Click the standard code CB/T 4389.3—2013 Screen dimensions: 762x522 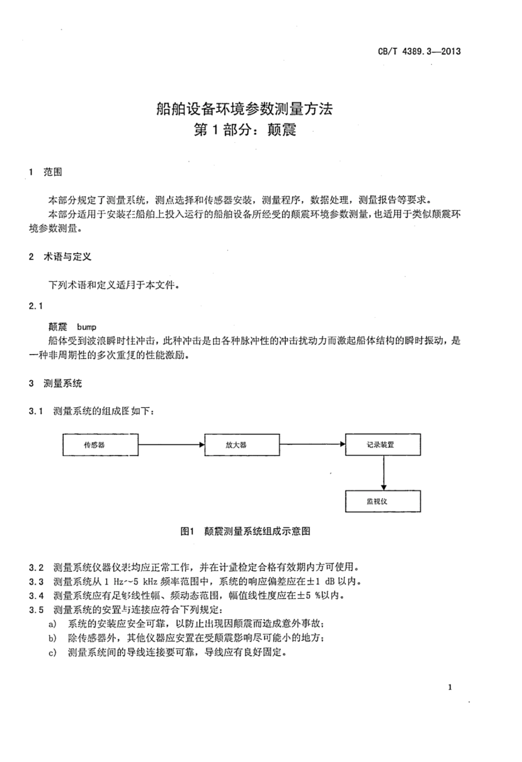tap(419, 51)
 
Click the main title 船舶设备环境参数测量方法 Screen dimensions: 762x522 tap(245, 108)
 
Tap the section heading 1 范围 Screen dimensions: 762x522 tap(46, 172)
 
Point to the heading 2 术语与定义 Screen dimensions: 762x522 tap(60, 257)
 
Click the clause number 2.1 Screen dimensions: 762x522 tap(36, 306)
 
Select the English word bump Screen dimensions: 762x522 tap(87, 327)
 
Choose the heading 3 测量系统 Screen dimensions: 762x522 tap(55, 383)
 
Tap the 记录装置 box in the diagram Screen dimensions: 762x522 tap(383, 444)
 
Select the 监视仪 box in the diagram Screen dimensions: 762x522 tap(383, 501)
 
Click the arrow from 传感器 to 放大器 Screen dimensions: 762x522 tap(171, 445)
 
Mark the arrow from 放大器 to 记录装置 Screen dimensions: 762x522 tap(313, 445)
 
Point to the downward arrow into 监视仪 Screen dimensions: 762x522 tap(384, 473)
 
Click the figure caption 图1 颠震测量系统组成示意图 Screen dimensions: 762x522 tap(245, 531)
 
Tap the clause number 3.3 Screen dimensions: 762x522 tap(36, 582)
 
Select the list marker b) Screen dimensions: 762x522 tap(53, 638)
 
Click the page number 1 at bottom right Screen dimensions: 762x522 tap(450, 687)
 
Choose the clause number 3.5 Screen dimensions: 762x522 tap(36, 610)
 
